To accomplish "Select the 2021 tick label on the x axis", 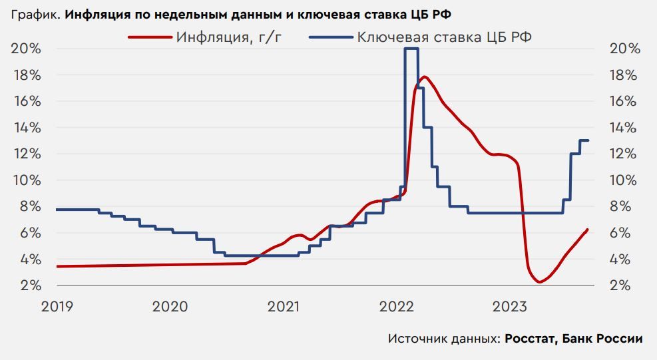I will pos(284,307).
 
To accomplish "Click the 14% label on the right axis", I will pos(624,128).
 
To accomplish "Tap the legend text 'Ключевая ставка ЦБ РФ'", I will pos(445,37).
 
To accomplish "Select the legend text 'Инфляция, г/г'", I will pos(230,37).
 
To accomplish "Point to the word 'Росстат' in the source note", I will pos(530,339).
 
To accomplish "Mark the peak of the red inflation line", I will pos(424,77).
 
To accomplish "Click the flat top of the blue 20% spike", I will pos(411,49).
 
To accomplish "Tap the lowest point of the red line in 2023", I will pos(539,282).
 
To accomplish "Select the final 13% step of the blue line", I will pos(584,140).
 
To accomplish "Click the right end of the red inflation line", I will pos(588,230).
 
